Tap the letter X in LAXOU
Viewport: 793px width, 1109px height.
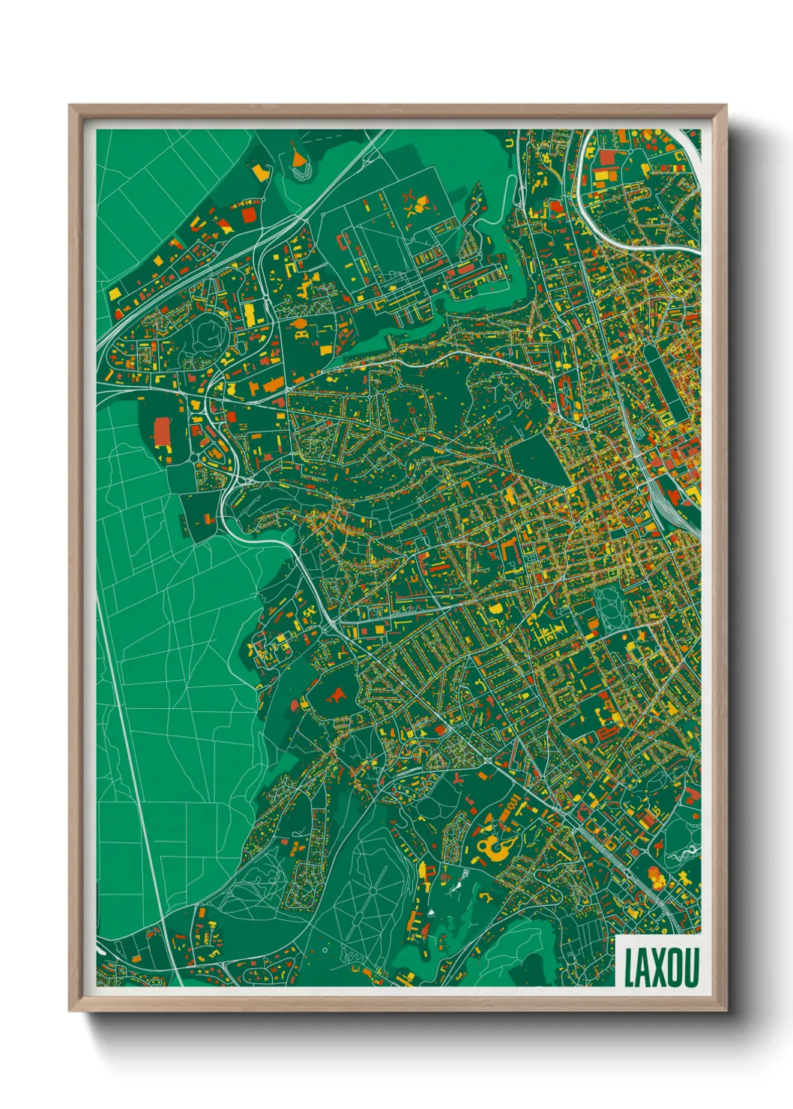[x=657, y=967]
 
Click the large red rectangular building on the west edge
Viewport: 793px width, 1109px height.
[x=162, y=431]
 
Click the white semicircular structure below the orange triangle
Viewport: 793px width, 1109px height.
[x=301, y=174]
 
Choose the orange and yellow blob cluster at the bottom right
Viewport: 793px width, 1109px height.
[x=656, y=877]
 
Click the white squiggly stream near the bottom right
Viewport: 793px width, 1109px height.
[x=687, y=853]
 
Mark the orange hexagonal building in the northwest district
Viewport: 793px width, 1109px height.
[x=298, y=324]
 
